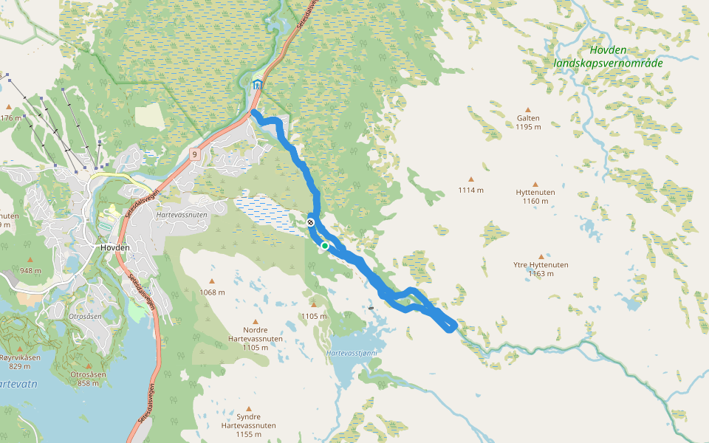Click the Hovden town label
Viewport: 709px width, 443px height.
coord(114,247)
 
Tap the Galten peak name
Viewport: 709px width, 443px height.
coord(528,118)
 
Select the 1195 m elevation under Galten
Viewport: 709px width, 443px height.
coord(528,127)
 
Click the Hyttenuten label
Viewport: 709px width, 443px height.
coord(535,192)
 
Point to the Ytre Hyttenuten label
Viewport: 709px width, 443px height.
coord(541,264)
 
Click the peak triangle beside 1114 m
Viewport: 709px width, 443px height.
coord(470,179)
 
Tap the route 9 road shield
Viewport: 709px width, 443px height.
coord(194,154)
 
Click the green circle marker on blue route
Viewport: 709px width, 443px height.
coord(324,245)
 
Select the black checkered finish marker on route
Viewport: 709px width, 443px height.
coord(311,222)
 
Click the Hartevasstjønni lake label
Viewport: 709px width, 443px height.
coord(352,353)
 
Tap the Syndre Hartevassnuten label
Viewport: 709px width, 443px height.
coord(248,426)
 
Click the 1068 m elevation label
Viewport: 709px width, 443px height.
coord(212,292)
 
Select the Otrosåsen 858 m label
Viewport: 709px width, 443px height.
coord(88,379)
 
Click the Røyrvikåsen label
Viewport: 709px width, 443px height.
coord(20,357)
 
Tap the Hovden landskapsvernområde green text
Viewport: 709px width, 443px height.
coord(608,57)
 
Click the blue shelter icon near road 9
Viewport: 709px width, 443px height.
coord(257,84)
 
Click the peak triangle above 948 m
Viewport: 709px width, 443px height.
coord(30,260)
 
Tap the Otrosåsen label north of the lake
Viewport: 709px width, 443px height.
coord(85,315)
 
